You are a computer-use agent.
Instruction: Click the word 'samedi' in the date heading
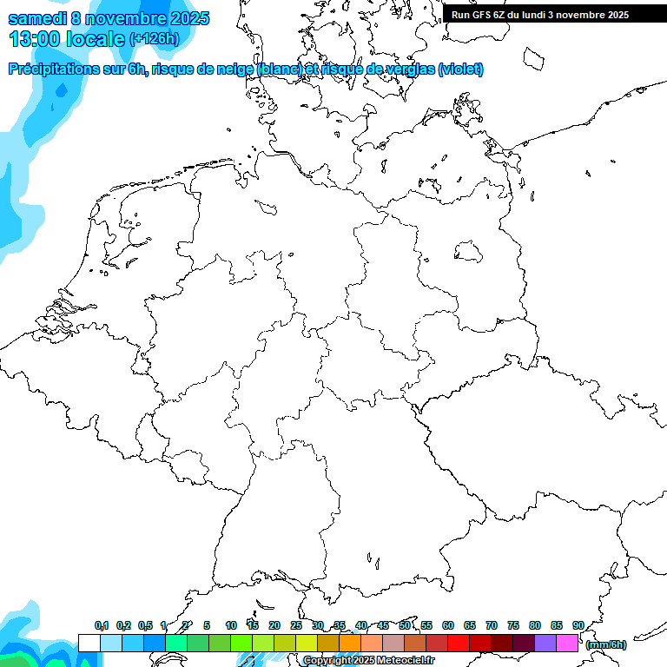click(37, 18)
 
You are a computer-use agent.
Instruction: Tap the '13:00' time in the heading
click(35, 39)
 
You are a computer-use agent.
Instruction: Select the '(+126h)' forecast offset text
click(154, 39)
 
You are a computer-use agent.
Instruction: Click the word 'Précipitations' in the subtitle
click(53, 69)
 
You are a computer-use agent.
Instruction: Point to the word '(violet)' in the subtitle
click(461, 69)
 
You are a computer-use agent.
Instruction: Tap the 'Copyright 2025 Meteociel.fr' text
click(369, 661)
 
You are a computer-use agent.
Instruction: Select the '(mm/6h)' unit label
click(606, 644)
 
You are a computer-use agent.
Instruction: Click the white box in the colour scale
click(89, 644)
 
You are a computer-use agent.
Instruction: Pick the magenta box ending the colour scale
click(567, 644)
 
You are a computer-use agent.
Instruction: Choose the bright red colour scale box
click(459, 644)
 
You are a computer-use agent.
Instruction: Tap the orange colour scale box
click(350, 644)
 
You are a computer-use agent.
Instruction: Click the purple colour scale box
click(545, 644)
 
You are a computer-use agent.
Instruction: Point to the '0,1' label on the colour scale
click(102, 626)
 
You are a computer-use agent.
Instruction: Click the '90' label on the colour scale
click(578, 626)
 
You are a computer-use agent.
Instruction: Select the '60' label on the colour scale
click(448, 626)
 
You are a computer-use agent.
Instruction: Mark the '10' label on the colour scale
click(231, 626)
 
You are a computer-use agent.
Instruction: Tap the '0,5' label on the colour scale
click(145, 626)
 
